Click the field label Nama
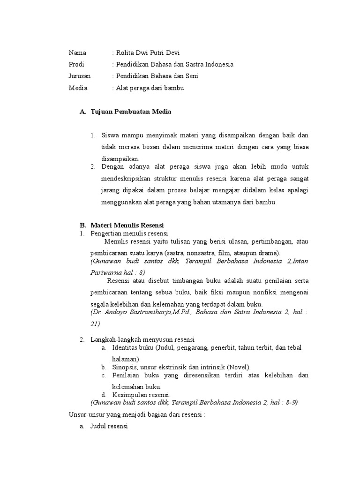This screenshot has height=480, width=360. pyautogui.click(x=77, y=52)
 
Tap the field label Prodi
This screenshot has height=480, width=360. pyautogui.click(x=76, y=64)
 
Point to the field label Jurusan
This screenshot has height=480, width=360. pyautogui.click(x=80, y=75)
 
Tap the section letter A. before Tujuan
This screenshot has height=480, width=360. pyautogui.click(x=83, y=112)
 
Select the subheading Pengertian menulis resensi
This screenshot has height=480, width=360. pyautogui.click(x=129, y=233)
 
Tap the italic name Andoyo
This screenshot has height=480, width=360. pyautogui.click(x=116, y=312)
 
